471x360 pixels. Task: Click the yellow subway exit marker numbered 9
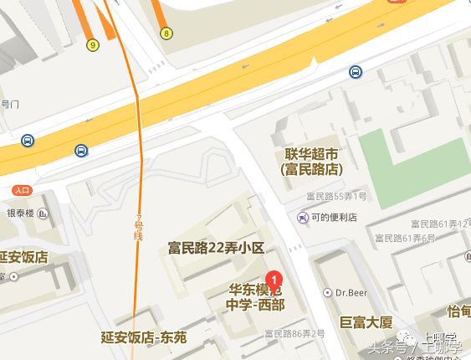(92, 44)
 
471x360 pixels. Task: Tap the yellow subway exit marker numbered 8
(167, 33)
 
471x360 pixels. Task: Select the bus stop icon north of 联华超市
(356, 72)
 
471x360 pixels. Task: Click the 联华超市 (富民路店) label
(311, 161)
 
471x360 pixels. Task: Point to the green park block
(413, 155)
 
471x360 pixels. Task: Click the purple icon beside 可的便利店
(302, 217)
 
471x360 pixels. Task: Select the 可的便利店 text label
(334, 217)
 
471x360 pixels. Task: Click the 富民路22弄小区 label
(216, 248)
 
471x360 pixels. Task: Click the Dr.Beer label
(352, 293)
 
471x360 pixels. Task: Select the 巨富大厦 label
(366, 321)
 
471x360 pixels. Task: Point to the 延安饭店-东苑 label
(143, 337)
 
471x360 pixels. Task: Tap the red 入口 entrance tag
(22, 190)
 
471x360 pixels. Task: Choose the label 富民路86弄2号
(294, 333)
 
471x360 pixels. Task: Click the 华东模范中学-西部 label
(256, 297)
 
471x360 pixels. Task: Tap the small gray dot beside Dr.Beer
(329, 293)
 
